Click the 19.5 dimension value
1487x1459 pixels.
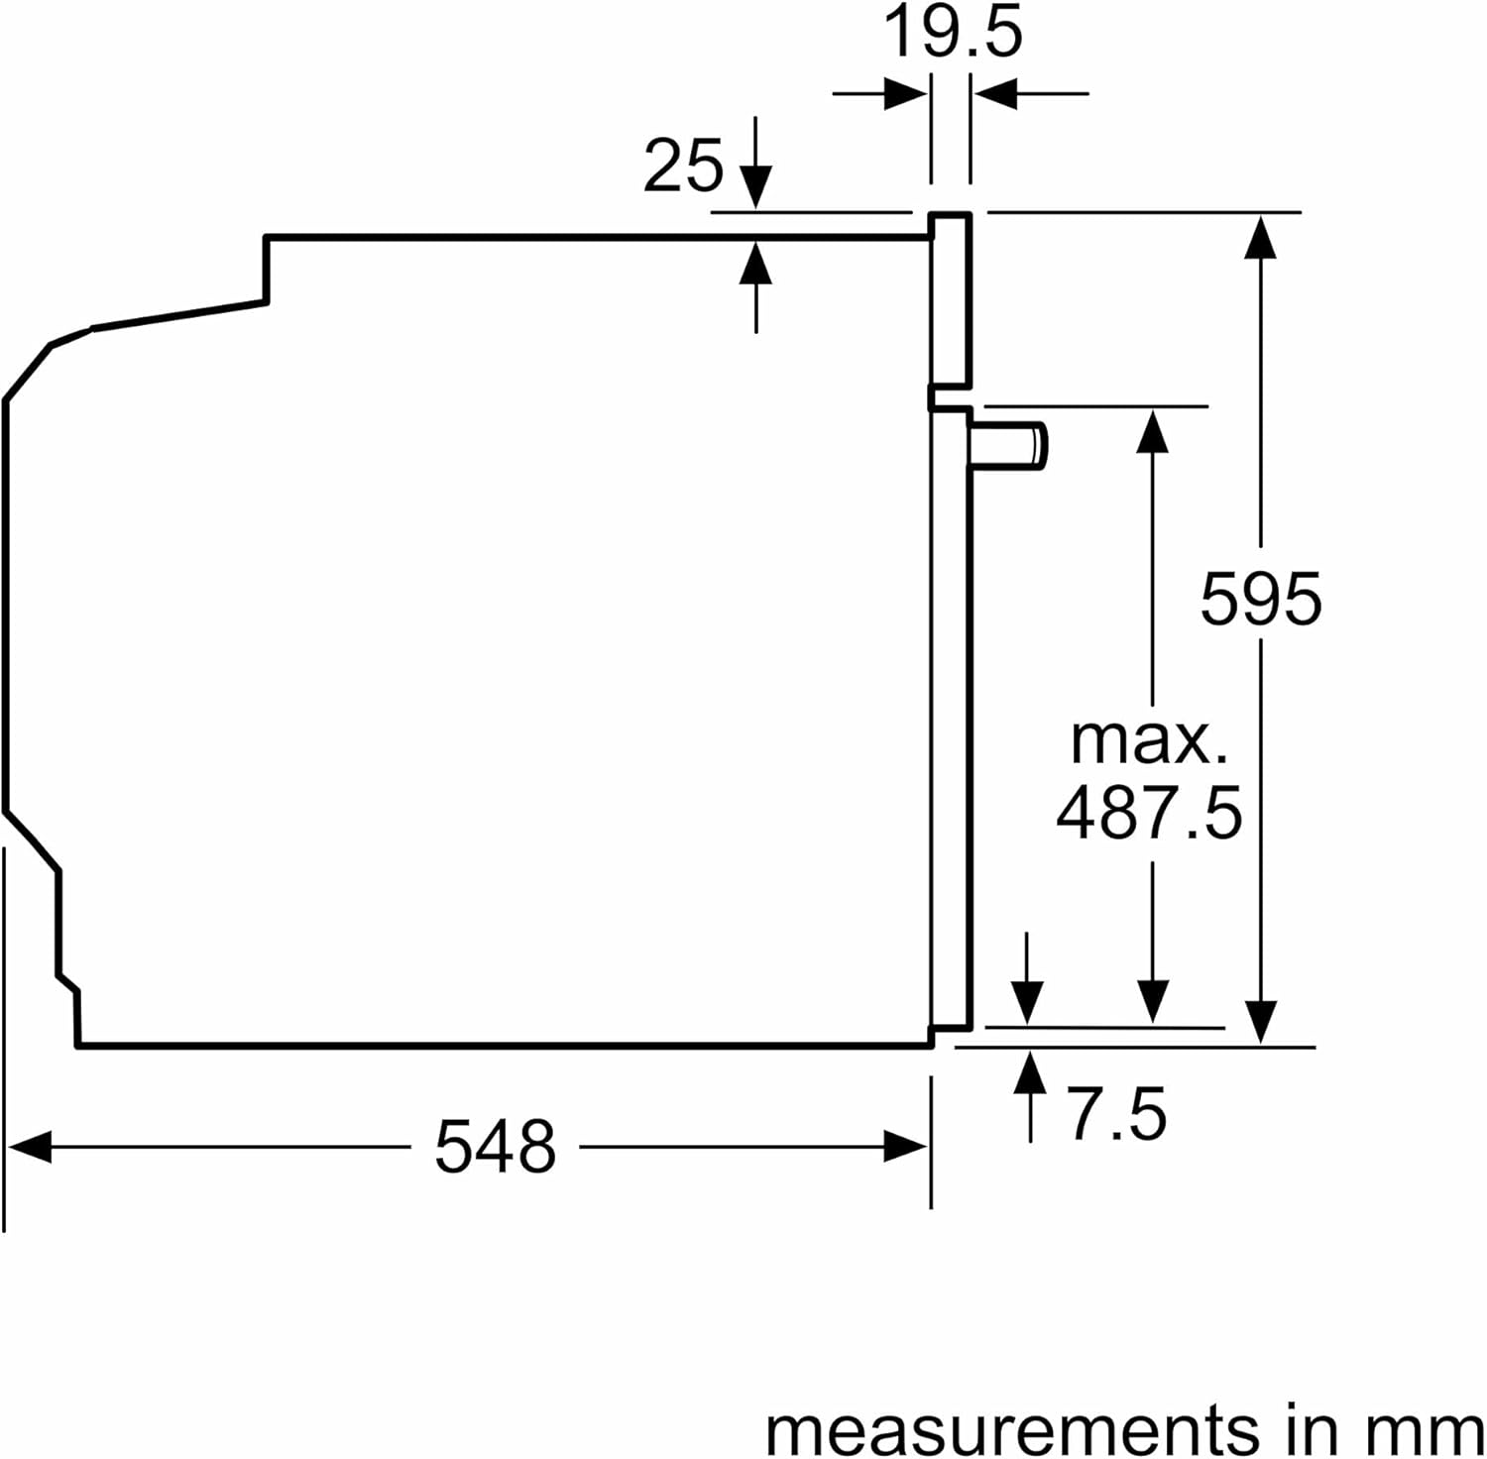click(x=952, y=34)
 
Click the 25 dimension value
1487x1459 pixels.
click(x=683, y=166)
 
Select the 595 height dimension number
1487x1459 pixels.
click(x=1260, y=599)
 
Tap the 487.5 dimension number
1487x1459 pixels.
click(x=1149, y=813)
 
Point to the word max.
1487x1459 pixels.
click(x=1149, y=739)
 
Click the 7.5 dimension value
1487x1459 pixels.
click(x=1116, y=1114)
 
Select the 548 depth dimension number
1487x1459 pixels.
click(x=495, y=1148)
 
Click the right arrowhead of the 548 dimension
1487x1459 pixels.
click(x=905, y=1149)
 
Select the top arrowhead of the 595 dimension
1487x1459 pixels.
click(x=1260, y=236)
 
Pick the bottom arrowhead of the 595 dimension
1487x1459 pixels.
click(x=1260, y=1021)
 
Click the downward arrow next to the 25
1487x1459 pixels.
click(x=755, y=185)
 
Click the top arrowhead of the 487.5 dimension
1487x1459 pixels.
click(x=1152, y=430)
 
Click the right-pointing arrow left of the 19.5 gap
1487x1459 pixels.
click(x=905, y=95)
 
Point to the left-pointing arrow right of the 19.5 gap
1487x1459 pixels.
click(x=996, y=95)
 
